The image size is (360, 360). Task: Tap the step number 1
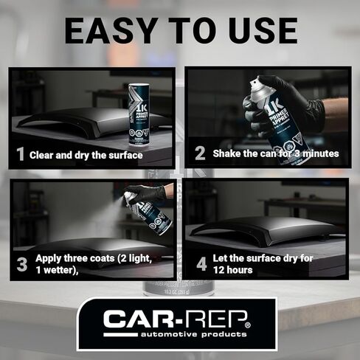(x=21, y=155)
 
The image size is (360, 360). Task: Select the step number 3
(x=21, y=263)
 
